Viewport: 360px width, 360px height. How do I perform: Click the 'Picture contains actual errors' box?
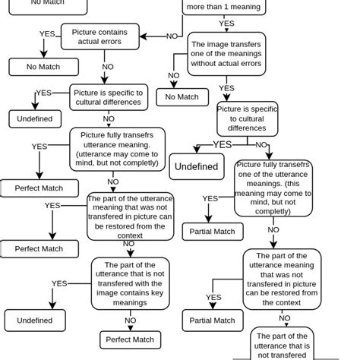[100, 36]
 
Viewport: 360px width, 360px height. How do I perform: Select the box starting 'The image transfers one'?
[226, 54]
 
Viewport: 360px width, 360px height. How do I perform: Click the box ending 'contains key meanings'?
[130, 284]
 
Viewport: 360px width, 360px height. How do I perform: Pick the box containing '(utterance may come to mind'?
[117, 149]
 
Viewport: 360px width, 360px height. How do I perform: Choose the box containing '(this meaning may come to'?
[273, 188]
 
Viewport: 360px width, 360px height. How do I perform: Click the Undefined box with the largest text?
[197, 166]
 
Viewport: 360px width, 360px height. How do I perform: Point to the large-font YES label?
[222, 144]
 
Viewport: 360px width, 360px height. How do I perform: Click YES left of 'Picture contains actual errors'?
[47, 34]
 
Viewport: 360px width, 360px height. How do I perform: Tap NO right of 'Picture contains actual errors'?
[172, 36]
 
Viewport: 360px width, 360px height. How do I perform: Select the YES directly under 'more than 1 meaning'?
[226, 24]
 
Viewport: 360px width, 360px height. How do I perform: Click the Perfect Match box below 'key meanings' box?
[130, 339]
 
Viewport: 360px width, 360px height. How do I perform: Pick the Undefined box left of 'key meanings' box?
[35, 321]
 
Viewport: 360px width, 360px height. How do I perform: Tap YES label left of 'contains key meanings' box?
[59, 283]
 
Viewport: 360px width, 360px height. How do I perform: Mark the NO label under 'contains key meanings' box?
[130, 321]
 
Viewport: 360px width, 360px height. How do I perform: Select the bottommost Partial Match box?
[213, 321]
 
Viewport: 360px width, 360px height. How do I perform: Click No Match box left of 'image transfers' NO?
[182, 96]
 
